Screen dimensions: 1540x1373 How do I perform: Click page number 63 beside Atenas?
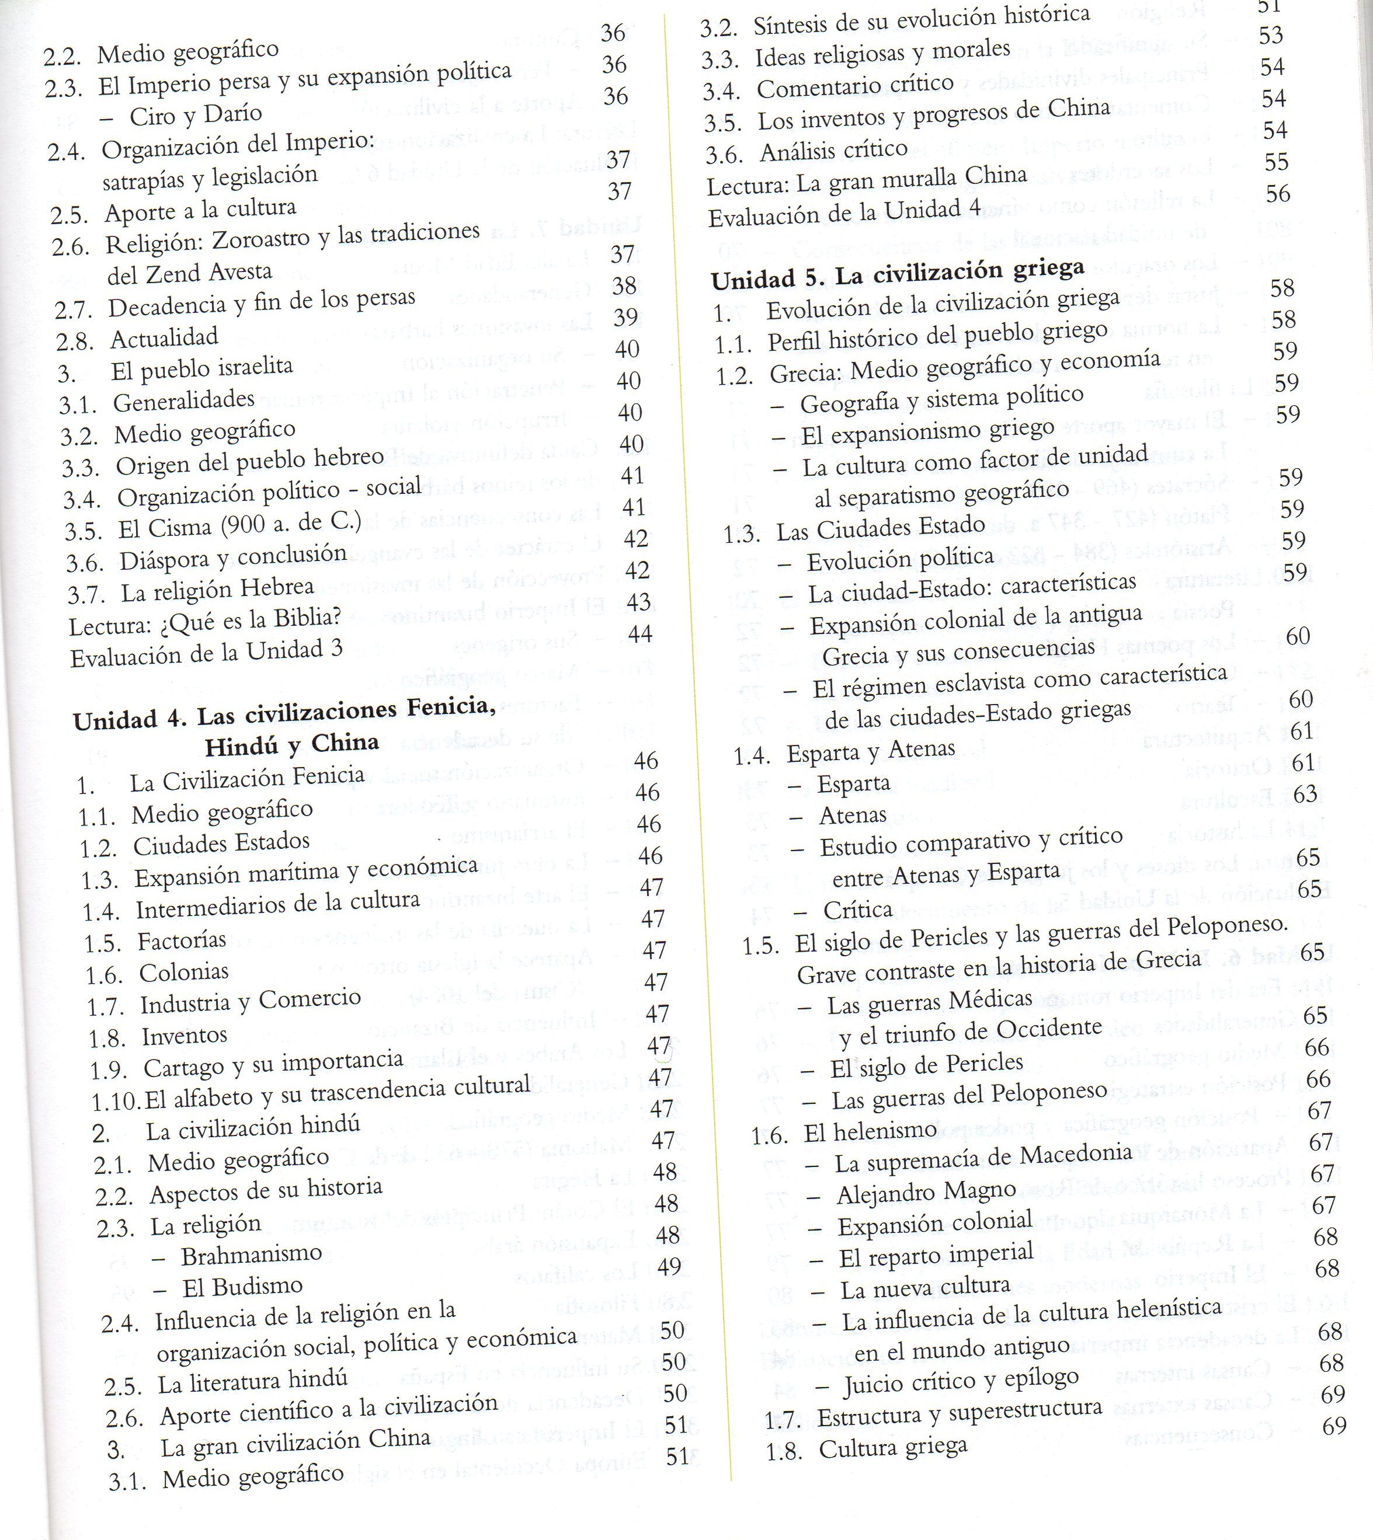(1304, 794)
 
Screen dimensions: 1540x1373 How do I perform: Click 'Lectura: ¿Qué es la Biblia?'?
(204, 620)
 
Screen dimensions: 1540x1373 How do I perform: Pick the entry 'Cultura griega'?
(892, 1448)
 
